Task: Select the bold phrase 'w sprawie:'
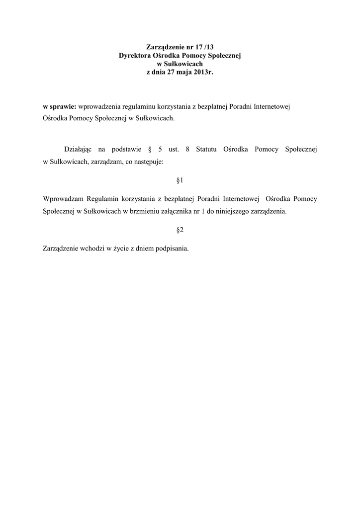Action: coord(58,107)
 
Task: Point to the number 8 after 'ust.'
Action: coord(186,149)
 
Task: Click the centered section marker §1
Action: coord(180,179)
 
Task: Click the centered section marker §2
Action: coord(180,230)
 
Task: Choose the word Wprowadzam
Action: coord(63,198)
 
